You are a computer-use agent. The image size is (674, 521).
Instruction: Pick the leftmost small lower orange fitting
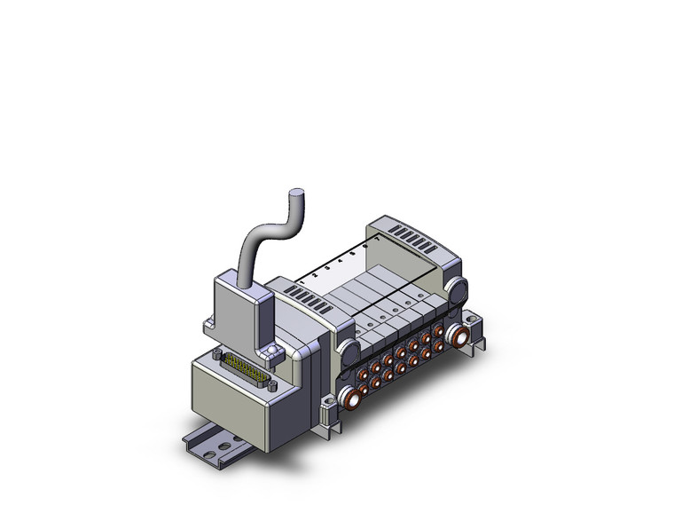click(372, 383)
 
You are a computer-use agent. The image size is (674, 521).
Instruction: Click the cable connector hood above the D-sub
click(241, 305)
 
